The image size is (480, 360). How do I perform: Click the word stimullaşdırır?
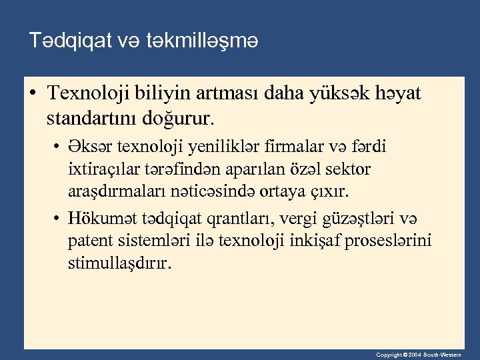pyautogui.click(x=119, y=263)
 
